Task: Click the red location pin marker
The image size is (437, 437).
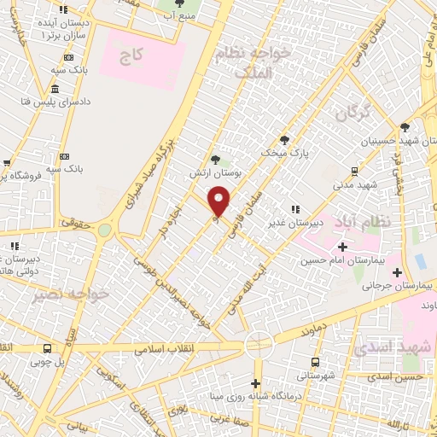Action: coord(219,201)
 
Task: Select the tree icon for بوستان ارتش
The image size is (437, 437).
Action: coord(215,159)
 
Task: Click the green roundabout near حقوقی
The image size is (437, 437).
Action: coord(104,230)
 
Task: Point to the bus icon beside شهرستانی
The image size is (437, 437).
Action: coord(316,362)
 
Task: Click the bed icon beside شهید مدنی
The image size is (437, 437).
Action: coord(353,172)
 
